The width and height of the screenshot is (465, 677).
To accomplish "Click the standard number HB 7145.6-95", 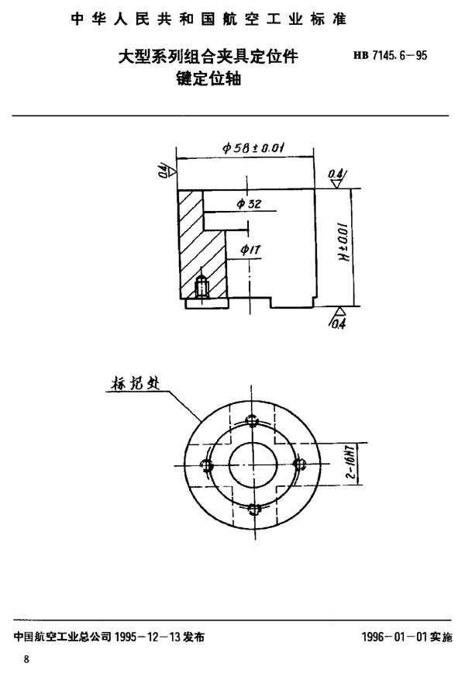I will (392, 55).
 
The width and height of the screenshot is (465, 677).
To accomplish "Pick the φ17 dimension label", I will (250, 249).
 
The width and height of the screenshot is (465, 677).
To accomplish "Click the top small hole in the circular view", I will (251, 420).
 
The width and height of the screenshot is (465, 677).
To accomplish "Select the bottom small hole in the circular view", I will (251, 509).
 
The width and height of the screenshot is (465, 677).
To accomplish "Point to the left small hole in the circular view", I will (206, 465).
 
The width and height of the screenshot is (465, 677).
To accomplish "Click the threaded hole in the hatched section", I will (202, 286).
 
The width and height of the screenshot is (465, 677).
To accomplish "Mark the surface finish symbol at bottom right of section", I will (339, 317).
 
